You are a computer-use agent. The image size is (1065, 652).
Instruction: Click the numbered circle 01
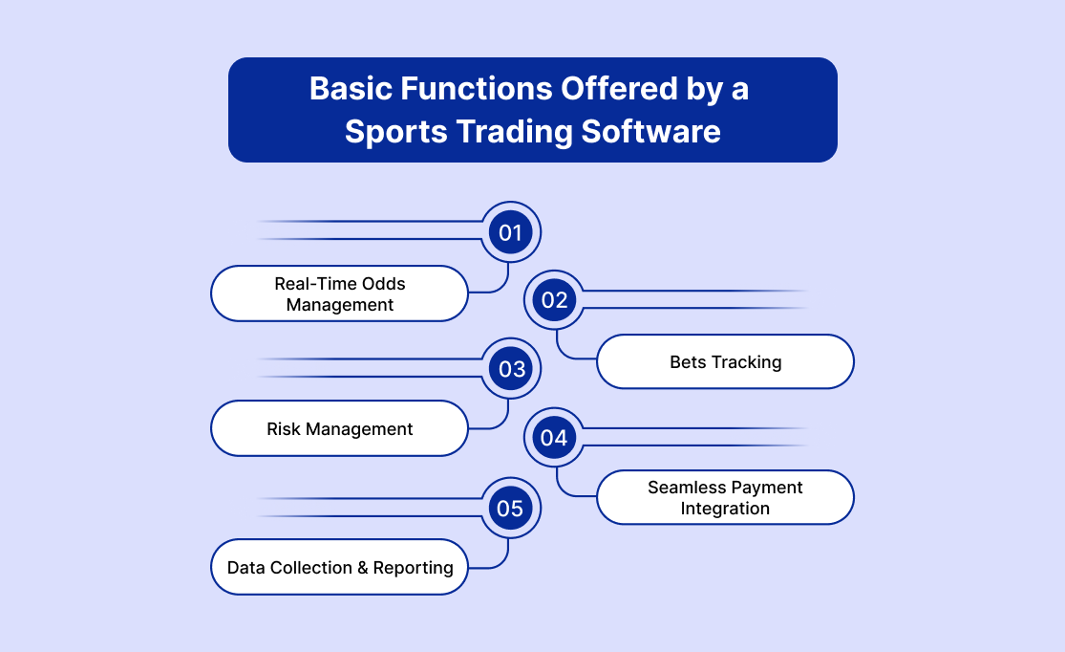511,232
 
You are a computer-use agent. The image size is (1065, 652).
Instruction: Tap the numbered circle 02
554,300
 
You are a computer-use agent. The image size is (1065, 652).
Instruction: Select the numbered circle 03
511,368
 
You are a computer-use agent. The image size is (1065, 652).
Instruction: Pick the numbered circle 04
554,438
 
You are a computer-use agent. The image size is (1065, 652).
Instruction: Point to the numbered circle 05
511,508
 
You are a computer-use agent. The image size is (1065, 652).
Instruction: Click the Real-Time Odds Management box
340,293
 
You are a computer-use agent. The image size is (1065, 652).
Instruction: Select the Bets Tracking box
725,361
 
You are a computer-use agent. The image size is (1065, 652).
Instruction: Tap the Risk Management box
340,428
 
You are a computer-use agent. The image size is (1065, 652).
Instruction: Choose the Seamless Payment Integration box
725,497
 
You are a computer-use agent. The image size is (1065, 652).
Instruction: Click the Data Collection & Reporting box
340,567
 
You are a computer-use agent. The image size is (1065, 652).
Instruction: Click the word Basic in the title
351,88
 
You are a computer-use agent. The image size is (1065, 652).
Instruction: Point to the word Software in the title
650,131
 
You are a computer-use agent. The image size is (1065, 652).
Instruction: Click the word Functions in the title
476,88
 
